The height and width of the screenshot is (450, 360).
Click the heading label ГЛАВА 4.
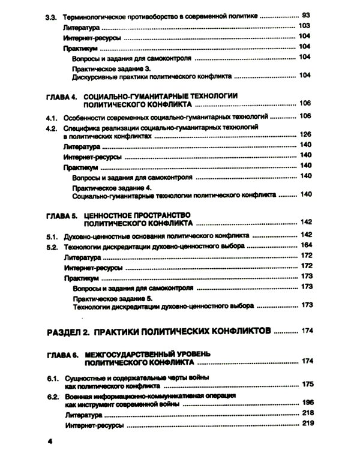[62, 95]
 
